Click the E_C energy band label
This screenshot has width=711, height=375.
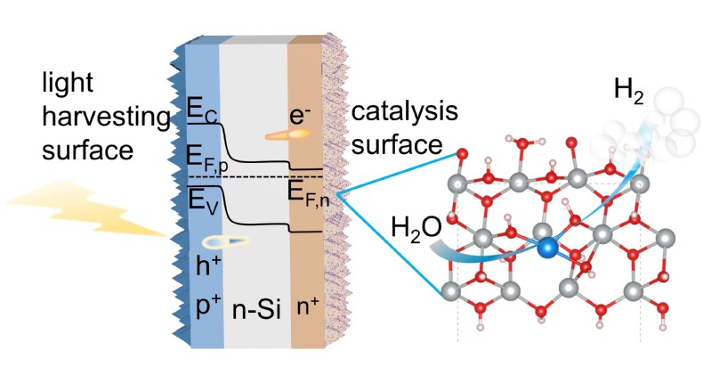[201, 111]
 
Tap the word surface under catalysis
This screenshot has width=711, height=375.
[389, 144]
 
